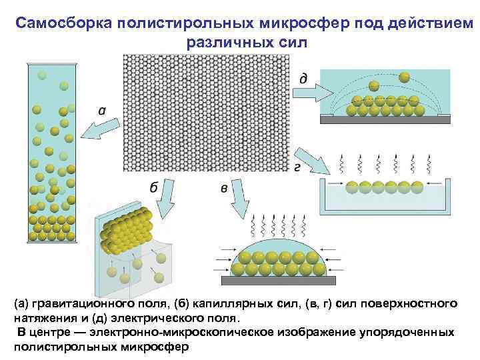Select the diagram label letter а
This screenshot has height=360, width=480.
pos(101,111)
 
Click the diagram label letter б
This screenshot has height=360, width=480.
pos(153,188)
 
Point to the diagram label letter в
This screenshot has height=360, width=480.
pos(224,189)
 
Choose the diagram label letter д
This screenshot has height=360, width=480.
pos(303,79)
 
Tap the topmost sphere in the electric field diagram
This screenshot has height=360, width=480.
pos(403,77)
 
